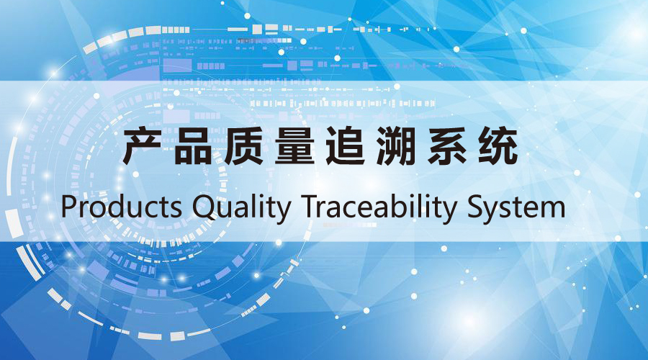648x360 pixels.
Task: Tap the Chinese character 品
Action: click(x=193, y=146)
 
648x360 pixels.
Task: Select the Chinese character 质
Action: click(x=243, y=146)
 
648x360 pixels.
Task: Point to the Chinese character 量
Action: click(x=294, y=146)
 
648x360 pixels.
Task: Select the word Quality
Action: click(x=242, y=208)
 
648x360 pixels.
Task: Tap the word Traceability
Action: click(x=378, y=208)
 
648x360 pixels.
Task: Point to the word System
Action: click(x=516, y=208)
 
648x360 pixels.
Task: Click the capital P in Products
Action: click(x=69, y=206)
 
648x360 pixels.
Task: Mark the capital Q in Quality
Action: click(x=204, y=208)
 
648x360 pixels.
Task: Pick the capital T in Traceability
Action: click(x=310, y=206)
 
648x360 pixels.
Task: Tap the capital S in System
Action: click(x=476, y=206)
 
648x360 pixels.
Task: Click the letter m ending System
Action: click(x=552, y=209)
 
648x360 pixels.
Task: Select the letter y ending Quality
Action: click(x=283, y=213)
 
